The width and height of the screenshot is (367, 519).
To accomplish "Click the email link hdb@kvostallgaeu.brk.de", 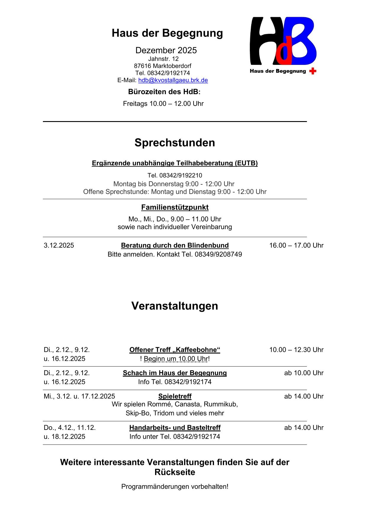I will (173, 80).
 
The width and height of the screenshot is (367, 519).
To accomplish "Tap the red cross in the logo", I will (313, 71).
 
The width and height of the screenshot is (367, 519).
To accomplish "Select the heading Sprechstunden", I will (175, 143).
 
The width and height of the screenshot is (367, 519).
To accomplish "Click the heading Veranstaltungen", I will (175, 306).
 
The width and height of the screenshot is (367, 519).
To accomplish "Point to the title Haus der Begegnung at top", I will (167, 33).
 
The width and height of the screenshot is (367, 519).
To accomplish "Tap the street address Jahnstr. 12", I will (163, 59).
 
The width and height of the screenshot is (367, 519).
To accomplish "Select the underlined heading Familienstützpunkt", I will (175, 207).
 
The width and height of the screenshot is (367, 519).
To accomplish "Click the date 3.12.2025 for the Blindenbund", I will (59, 245).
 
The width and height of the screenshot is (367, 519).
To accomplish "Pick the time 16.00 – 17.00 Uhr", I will (296, 245).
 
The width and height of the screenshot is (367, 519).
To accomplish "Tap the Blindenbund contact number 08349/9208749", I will (218, 254).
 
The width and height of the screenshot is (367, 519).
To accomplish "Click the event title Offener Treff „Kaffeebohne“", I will (175, 350).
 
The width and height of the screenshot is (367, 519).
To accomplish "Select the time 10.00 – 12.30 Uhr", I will (296, 350).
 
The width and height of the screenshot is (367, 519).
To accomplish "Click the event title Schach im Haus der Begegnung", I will (175, 373).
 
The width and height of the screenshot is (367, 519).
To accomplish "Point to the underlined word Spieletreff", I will (175, 396).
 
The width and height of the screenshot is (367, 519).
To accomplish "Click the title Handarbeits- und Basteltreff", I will (175, 428).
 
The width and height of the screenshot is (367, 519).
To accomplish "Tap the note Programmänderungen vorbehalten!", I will (175, 486).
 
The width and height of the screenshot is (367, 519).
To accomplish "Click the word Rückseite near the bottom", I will (175, 472).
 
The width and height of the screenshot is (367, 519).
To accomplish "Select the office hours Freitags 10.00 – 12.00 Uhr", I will (163, 104).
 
